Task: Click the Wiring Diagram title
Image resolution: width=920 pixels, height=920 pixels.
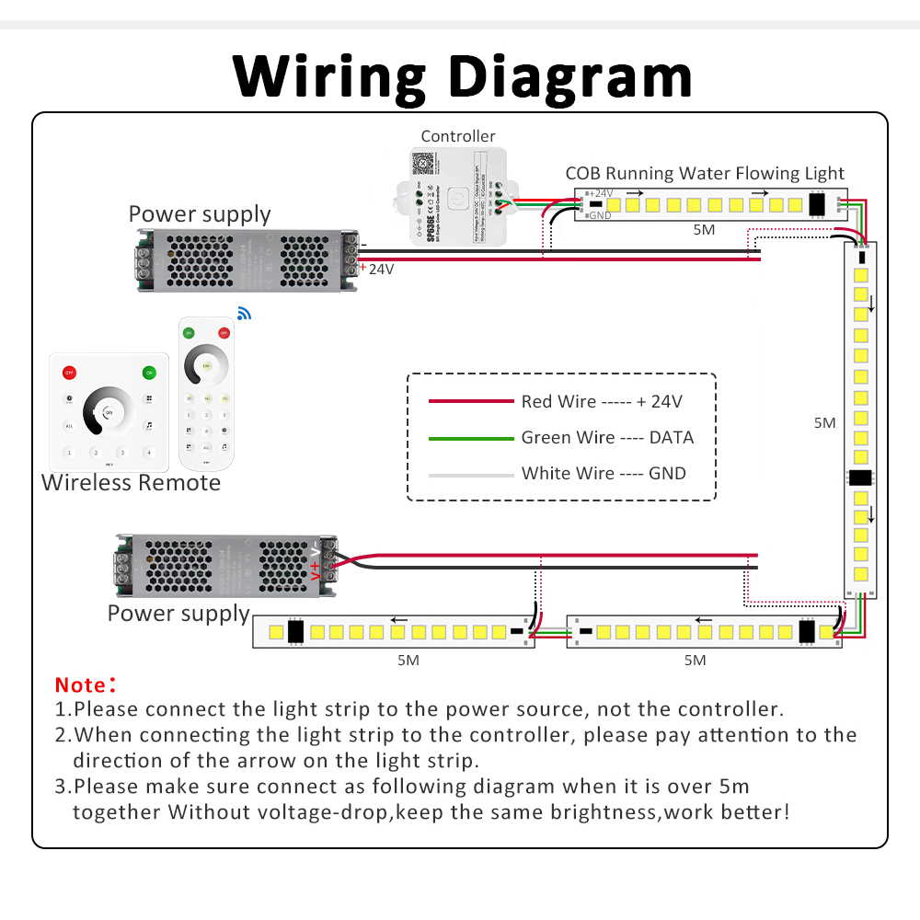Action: coord(462,75)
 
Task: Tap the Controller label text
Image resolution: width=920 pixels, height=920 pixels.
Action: coord(458,136)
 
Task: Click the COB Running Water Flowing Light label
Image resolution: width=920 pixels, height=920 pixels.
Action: coord(705,173)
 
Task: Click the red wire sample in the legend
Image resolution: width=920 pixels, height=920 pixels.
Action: coord(471,401)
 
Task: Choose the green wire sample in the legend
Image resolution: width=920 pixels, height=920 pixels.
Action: coord(471,438)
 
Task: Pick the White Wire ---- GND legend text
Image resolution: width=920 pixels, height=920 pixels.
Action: coord(604,474)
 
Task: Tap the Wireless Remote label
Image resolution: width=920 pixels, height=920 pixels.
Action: coord(132,483)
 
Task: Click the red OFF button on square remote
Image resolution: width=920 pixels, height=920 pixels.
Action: coord(69,373)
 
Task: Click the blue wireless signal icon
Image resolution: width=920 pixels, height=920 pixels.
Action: coord(244,314)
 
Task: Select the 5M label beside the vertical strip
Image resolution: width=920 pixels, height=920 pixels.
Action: coord(825,423)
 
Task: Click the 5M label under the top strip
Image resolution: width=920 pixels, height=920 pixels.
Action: coord(704,230)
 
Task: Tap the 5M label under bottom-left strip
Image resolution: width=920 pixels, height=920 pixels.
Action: coord(408,660)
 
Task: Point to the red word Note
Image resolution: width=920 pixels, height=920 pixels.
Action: coord(81,685)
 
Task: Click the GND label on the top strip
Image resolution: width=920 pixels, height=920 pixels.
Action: coord(600,215)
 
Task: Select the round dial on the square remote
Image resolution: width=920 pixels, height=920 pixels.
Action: coord(109,410)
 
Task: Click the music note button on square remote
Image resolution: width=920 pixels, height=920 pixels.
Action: coord(148,426)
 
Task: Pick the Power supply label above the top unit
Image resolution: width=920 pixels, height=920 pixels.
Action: coord(200,214)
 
